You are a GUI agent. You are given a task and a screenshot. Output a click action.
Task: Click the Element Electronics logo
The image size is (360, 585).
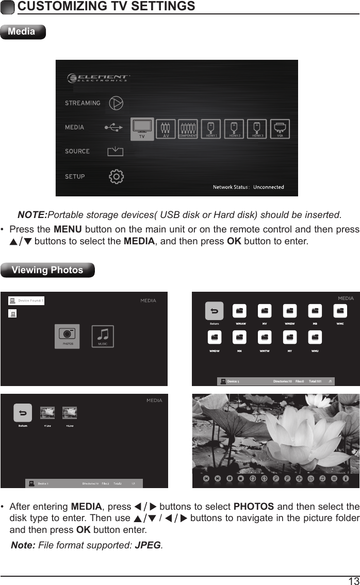click(98, 78)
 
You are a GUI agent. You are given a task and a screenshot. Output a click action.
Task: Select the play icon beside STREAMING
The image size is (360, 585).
click(117, 103)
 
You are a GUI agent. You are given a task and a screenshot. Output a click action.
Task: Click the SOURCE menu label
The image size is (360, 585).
click(77, 152)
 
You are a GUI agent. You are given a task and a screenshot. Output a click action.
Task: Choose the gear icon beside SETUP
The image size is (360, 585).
click(117, 176)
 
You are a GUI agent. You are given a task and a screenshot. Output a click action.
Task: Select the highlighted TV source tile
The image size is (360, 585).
click(142, 129)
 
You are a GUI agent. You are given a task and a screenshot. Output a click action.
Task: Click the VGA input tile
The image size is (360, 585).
click(280, 129)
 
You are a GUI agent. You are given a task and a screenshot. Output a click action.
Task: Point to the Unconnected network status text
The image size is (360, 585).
click(268, 187)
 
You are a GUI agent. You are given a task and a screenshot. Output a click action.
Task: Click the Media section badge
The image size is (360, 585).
click(23, 32)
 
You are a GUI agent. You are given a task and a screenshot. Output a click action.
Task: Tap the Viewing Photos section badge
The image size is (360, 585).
click(47, 270)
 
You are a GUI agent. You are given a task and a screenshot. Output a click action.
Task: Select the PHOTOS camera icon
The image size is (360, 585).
click(68, 336)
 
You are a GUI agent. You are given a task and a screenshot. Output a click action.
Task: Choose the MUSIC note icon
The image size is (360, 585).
click(102, 336)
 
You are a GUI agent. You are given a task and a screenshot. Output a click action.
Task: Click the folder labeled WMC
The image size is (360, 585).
click(340, 311)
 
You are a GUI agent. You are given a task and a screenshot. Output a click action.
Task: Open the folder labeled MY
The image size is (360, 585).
click(290, 338)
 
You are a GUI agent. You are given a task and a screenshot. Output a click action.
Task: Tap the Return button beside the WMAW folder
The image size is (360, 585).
click(215, 311)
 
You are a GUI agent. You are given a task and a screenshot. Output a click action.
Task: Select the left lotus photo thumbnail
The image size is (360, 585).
click(47, 412)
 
